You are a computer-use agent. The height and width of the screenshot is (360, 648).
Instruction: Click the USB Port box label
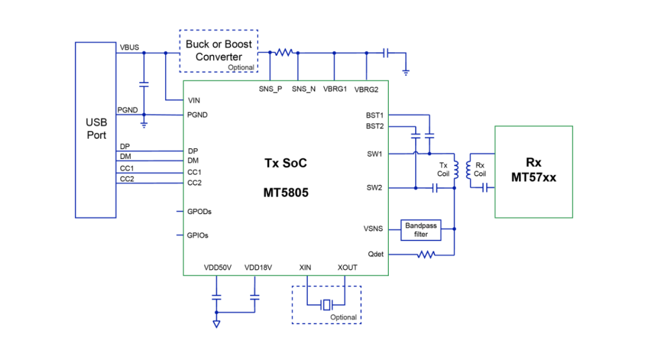point(96,129)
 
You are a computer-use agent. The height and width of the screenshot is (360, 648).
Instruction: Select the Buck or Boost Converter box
point(218,50)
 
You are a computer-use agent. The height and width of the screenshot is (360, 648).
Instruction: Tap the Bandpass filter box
point(421,230)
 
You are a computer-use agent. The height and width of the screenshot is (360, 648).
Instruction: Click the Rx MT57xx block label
point(533,170)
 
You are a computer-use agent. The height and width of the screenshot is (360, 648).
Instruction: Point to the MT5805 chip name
point(286,193)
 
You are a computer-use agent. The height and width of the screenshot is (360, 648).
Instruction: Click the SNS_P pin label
point(270,89)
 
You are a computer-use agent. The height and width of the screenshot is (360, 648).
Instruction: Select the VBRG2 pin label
point(367,89)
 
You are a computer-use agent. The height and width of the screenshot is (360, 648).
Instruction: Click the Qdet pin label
point(376,254)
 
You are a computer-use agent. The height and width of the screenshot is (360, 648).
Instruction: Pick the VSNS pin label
point(373,229)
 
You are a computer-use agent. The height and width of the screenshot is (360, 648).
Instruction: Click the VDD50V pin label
point(217,268)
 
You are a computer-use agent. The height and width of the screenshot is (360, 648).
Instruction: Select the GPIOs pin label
point(198,235)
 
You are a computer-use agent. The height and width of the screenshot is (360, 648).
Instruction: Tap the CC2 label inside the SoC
point(195,182)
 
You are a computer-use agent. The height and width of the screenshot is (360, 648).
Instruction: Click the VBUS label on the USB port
point(129,47)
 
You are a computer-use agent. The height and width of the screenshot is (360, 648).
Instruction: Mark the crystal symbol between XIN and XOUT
point(326,305)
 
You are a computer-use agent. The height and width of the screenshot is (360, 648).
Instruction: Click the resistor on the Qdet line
point(426,254)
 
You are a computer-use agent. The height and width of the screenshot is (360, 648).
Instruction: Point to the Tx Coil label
point(443,170)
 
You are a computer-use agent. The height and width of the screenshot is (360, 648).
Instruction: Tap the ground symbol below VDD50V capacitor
point(216,324)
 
